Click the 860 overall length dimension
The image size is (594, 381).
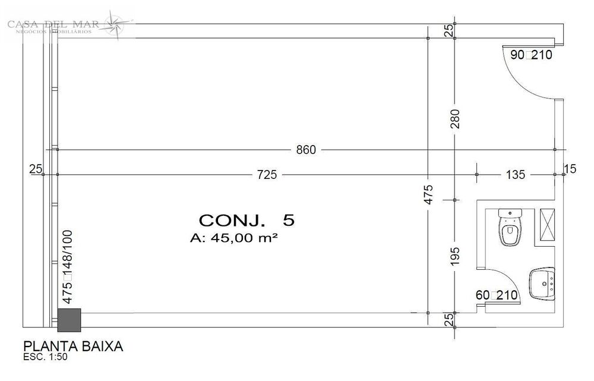click(306, 150)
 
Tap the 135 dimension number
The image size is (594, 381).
click(516, 175)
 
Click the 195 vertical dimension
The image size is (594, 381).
click(455, 257)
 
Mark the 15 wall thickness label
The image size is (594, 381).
click(570, 169)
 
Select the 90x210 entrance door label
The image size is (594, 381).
click(532, 55)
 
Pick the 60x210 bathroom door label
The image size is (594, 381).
click(497, 295)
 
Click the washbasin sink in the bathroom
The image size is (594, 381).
click(542, 284)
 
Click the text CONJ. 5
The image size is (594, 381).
click(246, 221)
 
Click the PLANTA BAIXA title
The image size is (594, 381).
click(72, 347)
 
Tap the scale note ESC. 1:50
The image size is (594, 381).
click(46, 358)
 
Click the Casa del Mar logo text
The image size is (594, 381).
click(53, 24)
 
